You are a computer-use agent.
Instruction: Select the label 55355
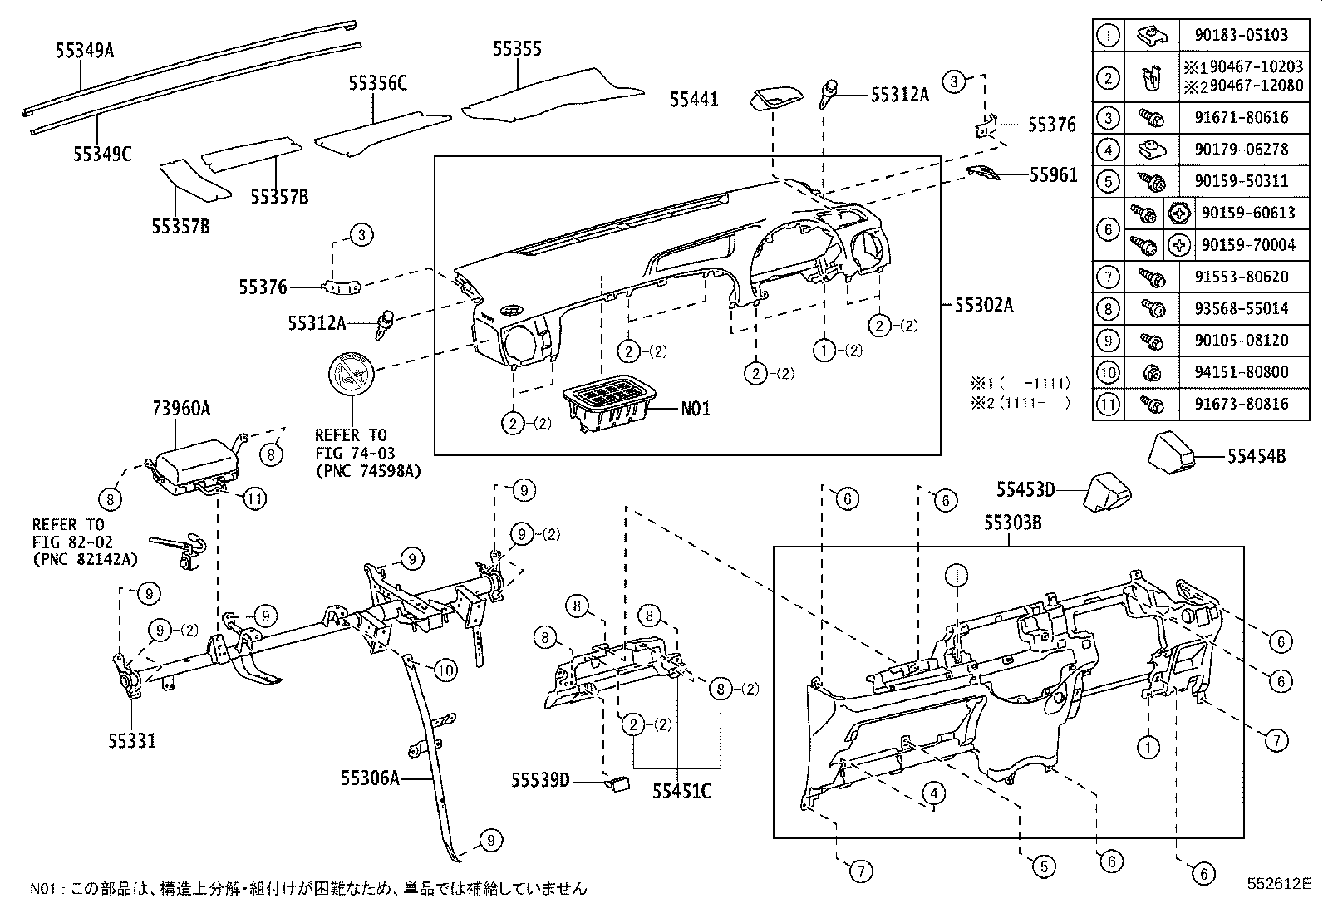coord(517,49)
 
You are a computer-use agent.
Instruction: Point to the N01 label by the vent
coord(696,409)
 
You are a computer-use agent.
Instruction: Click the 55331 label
coord(131,740)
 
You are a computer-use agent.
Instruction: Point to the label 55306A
coord(370,778)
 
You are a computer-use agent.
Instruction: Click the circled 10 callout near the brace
coord(446,669)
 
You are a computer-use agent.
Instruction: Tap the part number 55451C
coord(681,791)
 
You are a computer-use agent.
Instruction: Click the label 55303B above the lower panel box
coord(1013,523)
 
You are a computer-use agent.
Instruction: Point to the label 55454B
coord(1257,456)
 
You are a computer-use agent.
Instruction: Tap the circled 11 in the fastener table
coord(1108,405)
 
